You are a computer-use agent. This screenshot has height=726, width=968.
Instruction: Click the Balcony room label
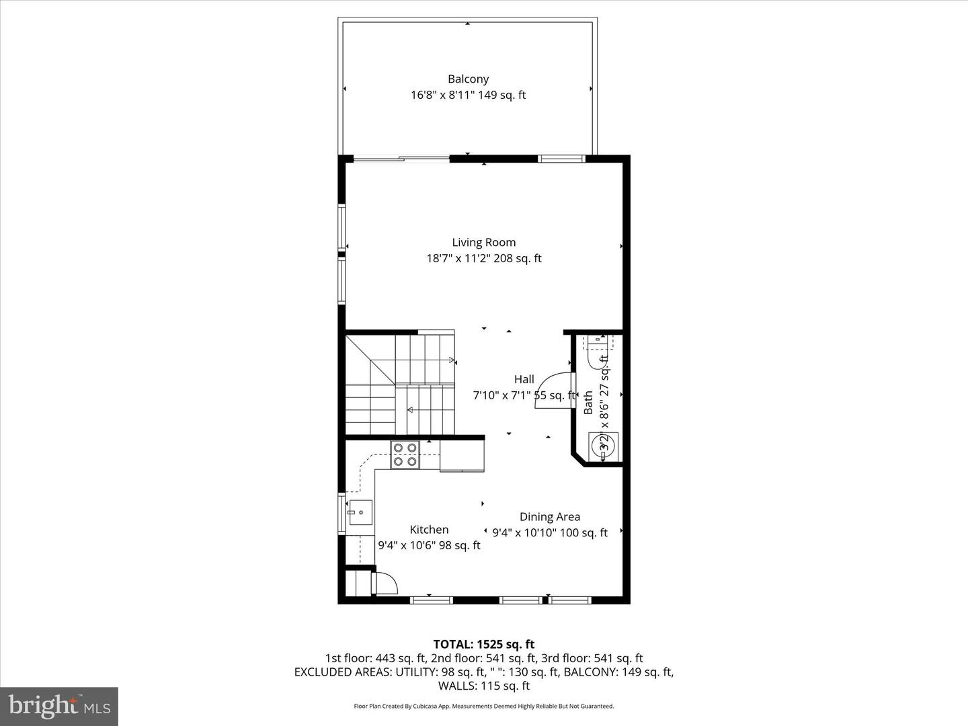tap(468, 79)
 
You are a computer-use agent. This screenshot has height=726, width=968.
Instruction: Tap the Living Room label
tap(483, 243)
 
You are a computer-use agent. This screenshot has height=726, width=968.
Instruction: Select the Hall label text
tap(524, 379)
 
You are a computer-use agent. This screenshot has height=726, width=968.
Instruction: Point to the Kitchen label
tap(429, 530)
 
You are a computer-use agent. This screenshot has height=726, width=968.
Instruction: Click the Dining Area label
tap(549, 517)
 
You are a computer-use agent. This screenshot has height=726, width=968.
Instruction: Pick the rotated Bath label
tap(588, 403)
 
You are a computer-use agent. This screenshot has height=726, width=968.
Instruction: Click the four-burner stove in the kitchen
tap(405, 454)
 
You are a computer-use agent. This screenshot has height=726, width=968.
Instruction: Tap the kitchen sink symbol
tap(360, 513)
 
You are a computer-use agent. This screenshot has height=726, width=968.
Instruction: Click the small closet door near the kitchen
tap(385, 583)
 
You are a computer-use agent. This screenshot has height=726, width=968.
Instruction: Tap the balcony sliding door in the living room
tap(401, 159)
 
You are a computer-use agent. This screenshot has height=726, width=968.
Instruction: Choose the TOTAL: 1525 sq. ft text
tap(483, 645)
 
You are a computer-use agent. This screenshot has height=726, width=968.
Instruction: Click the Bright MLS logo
tap(59, 706)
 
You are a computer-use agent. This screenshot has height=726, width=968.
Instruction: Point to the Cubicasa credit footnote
tap(483, 707)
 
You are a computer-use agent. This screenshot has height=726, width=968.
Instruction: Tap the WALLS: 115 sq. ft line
tap(483, 686)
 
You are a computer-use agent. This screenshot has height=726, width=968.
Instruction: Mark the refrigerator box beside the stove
tap(462, 456)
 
